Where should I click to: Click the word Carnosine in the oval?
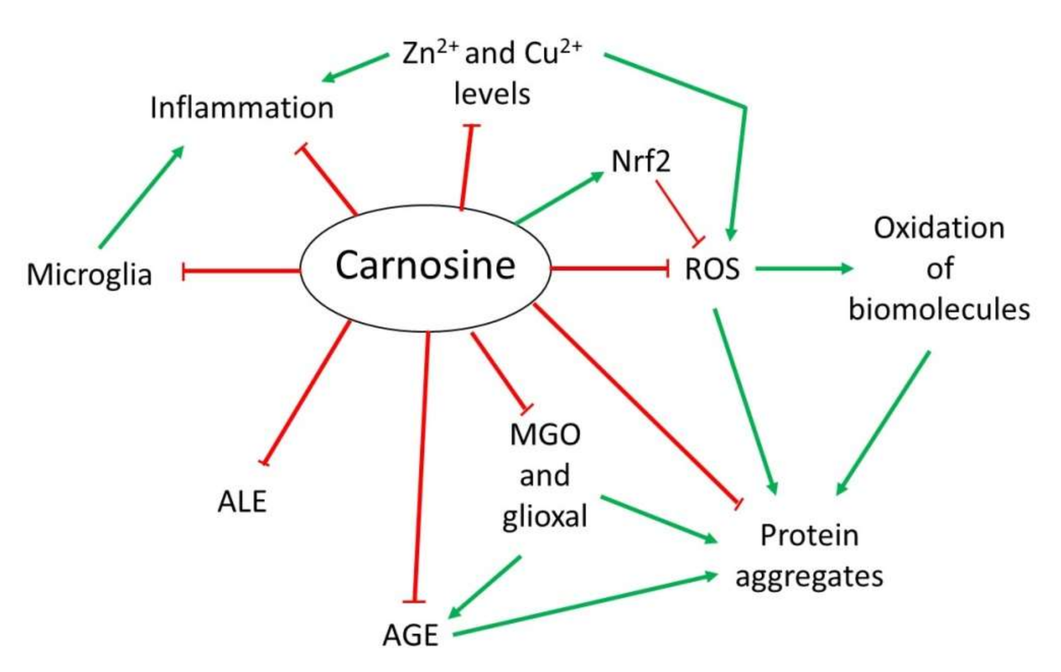tap(425, 266)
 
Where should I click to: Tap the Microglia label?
tap(90, 274)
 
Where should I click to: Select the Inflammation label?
tap(242, 107)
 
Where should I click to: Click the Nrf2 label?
tap(641, 161)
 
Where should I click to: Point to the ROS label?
tap(712, 268)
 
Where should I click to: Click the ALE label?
tap(242, 502)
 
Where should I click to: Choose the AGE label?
tap(410, 635)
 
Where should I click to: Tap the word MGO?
tap(545, 435)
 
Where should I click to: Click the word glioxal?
tap(545, 516)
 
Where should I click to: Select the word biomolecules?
tap(939, 309)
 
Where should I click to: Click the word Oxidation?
tap(939, 228)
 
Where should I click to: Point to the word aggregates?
tap(809, 576)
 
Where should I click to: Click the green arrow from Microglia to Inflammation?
tap(141, 197)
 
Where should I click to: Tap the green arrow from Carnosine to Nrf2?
tap(559, 198)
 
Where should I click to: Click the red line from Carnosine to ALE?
tap(308, 392)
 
